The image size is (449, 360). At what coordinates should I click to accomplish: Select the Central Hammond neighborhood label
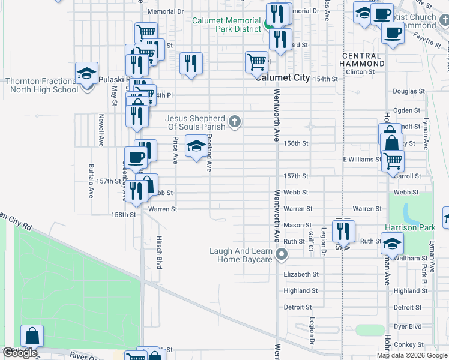[x=363, y=59]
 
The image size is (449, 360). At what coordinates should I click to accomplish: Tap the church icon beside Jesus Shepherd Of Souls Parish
[x=235, y=122]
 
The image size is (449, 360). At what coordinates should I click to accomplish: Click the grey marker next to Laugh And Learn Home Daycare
[x=280, y=256]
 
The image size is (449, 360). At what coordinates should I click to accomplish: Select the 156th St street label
[x=296, y=144]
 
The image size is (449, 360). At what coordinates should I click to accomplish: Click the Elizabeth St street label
[x=301, y=274]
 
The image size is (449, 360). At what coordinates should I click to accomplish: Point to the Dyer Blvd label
[x=408, y=327]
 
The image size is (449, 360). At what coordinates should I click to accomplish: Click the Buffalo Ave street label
[x=92, y=181]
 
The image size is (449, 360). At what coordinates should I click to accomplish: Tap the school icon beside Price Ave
[x=195, y=147]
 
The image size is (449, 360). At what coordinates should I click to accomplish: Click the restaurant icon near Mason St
[x=343, y=230]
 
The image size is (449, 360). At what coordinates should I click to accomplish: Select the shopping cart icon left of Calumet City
[x=256, y=61]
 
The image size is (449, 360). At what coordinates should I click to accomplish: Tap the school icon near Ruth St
[x=392, y=244]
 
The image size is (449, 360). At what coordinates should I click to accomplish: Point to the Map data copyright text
[x=412, y=355]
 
